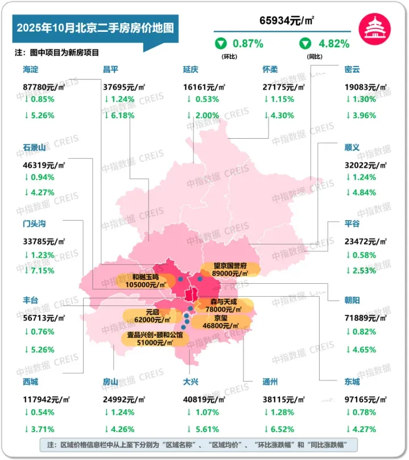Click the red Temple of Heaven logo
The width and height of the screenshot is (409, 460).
374,28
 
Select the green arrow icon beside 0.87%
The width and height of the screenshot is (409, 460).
220,43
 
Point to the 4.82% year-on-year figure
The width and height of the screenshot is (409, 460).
334,43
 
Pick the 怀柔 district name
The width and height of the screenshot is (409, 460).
270,70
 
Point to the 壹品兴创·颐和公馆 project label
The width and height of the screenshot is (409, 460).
152,339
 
